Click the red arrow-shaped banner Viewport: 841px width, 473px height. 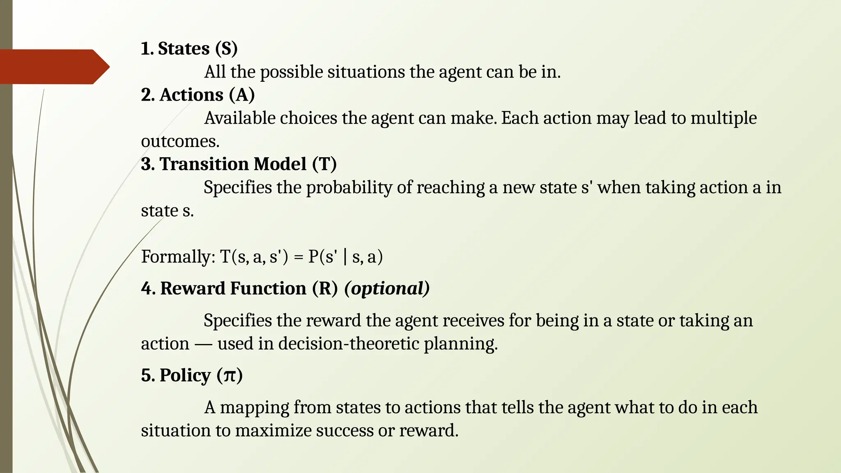53,67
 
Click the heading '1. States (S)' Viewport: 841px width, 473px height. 189,48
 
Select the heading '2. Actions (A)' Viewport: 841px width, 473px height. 198,95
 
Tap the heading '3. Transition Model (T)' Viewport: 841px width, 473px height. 239,164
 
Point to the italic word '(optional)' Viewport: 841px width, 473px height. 387,288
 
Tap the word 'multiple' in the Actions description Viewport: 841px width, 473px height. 724,118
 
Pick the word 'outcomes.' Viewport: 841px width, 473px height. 180,142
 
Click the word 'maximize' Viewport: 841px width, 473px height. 273,431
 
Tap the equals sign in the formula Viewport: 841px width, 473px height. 299,257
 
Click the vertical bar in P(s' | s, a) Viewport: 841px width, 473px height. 345,257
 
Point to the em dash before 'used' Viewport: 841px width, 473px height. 203,344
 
